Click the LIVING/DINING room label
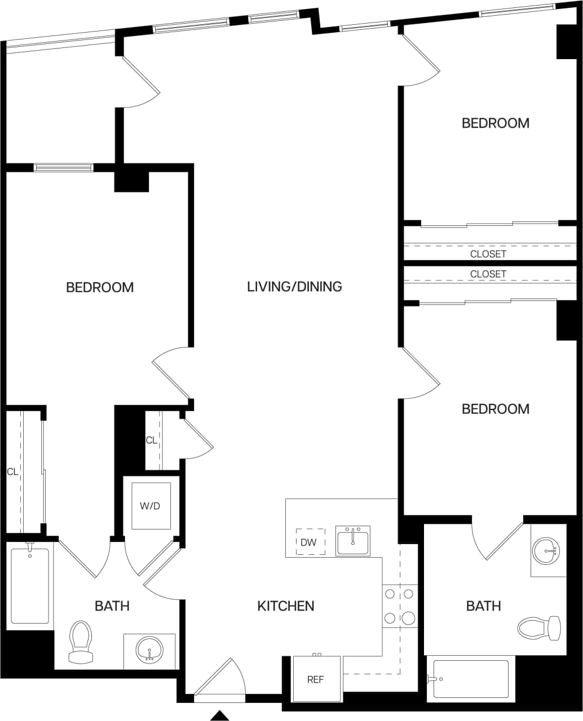point(294,287)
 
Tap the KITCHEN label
point(286,606)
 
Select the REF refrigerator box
point(316,679)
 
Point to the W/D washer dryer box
point(151,506)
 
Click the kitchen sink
point(352,541)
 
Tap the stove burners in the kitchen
point(399,606)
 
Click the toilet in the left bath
point(80,642)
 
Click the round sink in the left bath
point(149,649)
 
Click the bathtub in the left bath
point(30,586)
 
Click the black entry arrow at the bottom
point(219,715)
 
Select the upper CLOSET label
point(488,254)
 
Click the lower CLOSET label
point(488,274)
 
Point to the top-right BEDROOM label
point(496,123)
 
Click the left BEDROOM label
point(100,287)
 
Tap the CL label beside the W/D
point(151,440)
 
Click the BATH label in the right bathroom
point(483,606)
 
